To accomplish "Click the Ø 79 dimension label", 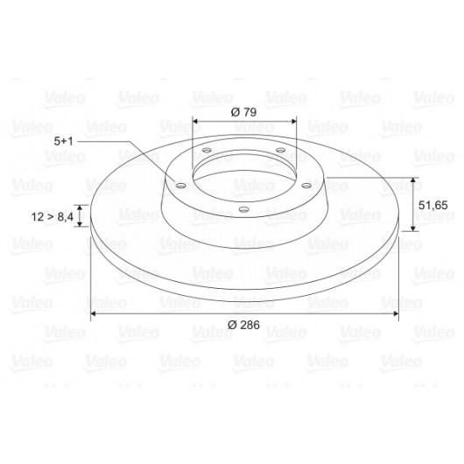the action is pos(243,112).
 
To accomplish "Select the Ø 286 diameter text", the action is pos(243,325).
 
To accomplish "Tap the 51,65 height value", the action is pos(433,205).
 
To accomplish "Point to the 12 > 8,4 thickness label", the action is pos(52,217).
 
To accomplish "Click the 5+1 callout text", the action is pos(63,141).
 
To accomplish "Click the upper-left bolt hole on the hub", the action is pos(207,151).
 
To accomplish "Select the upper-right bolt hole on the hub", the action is pos(280,151).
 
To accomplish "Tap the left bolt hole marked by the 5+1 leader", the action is pos(180,186).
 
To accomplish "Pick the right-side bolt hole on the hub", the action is pos(306,186).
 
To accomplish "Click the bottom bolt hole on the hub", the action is pos(243,210).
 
